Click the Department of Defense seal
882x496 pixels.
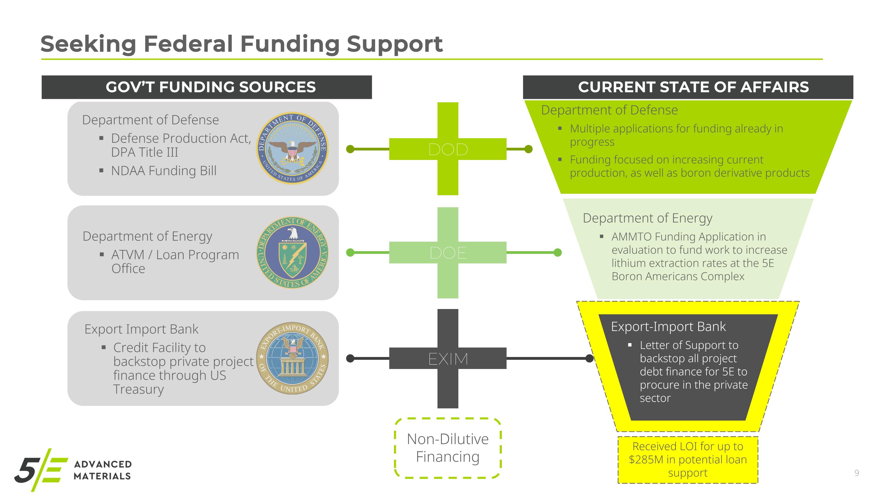(x=293, y=148)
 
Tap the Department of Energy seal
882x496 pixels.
(x=293, y=253)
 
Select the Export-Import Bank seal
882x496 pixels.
(x=293, y=358)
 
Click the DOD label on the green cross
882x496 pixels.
(x=448, y=149)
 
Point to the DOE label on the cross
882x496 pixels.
(x=448, y=253)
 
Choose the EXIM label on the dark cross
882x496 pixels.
(x=448, y=359)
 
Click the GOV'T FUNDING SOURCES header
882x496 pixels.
(x=211, y=87)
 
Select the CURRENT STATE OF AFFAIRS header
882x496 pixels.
(x=693, y=87)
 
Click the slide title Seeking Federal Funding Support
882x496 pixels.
(x=241, y=44)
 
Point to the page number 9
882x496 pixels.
(x=857, y=473)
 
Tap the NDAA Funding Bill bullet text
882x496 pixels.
(x=164, y=171)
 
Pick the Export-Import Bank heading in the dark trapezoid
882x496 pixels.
(x=668, y=327)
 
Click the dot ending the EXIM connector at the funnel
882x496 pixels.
(x=589, y=358)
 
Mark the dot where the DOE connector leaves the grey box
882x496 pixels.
(x=350, y=253)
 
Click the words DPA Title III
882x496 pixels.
(x=144, y=152)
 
